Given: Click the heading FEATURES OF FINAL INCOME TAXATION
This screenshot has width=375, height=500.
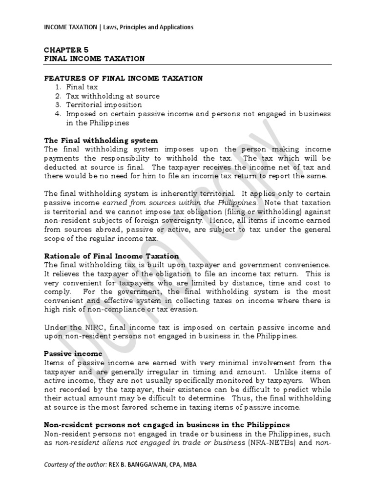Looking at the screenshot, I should coord(123,78).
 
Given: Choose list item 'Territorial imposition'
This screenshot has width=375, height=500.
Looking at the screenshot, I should coord(104,104).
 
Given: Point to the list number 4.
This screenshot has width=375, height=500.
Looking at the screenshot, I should coord(57,113).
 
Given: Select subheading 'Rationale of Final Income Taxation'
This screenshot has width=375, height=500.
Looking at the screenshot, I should coord(111,256).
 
